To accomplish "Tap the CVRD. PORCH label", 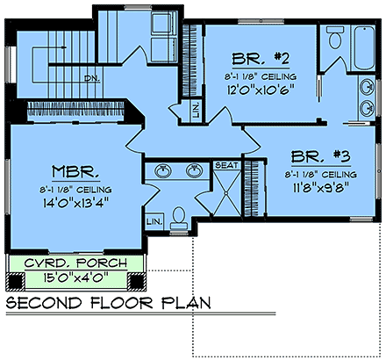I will (74, 263).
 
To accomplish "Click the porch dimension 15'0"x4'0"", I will (74, 279).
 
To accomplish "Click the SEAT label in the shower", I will (226, 164).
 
